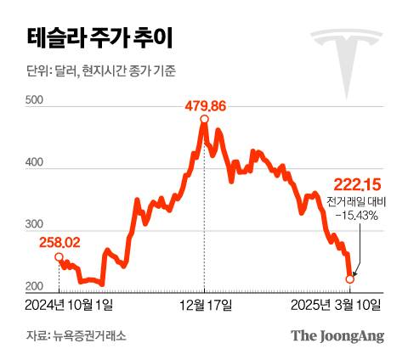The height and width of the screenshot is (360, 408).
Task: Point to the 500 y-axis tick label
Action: pos(36,101)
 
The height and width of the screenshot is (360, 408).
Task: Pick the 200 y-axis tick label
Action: pos(36,285)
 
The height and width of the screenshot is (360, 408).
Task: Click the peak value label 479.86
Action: pos(204,106)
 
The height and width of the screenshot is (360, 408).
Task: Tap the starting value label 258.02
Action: pos(59,243)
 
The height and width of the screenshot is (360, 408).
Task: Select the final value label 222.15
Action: pos(354,184)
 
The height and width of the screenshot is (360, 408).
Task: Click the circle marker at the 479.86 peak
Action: pos(204,120)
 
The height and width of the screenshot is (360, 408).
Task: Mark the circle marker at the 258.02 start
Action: pos(58,256)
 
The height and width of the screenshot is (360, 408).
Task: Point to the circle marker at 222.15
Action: pos(350,278)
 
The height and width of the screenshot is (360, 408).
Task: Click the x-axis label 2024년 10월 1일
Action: pos(76,304)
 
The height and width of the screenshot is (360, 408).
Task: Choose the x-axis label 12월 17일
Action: pos(204,304)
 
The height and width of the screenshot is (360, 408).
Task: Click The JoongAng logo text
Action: pos(337,335)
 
